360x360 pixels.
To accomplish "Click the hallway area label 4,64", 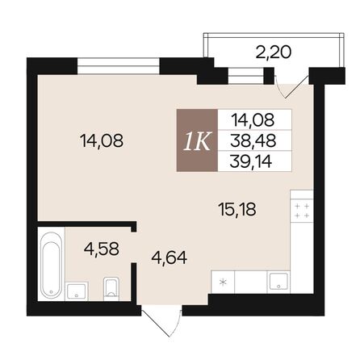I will pos(168,258).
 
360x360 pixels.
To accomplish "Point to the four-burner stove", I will pos(302,211).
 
